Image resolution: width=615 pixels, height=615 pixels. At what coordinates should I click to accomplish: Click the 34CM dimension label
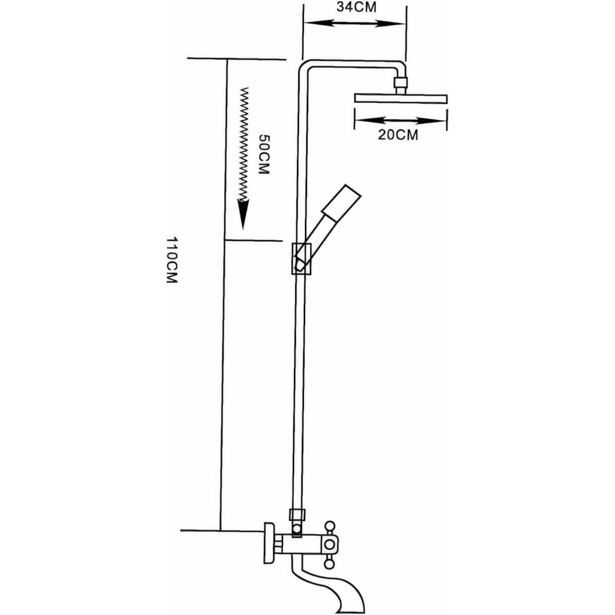click(x=356, y=7)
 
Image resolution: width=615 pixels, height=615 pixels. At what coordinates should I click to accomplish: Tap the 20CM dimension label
click(x=398, y=135)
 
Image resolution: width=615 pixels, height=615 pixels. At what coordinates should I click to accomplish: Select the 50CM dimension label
click(x=264, y=154)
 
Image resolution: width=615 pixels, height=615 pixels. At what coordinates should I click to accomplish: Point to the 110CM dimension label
click(x=172, y=260)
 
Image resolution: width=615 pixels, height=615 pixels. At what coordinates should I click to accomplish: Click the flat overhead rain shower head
click(x=401, y=98)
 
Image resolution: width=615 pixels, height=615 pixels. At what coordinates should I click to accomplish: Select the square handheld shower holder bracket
click(x=301, y=258)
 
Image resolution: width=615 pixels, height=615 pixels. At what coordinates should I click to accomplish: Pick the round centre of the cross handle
click(x=330, y=544)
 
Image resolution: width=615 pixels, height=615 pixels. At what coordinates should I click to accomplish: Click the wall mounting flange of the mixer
click(x=269, y=543)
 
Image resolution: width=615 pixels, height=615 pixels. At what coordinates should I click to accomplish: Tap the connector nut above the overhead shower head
click(x=400, y=83)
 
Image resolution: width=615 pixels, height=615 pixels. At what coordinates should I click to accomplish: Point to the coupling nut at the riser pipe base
click(x=296, y=514)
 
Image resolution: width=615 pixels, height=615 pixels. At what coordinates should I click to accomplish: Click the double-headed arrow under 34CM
click(x=355, y=23)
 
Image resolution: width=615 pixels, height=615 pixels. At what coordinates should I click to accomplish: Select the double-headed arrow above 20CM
click(x=400, y=120)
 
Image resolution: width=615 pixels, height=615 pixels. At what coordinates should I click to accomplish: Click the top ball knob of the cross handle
click(x=330, y=526)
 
